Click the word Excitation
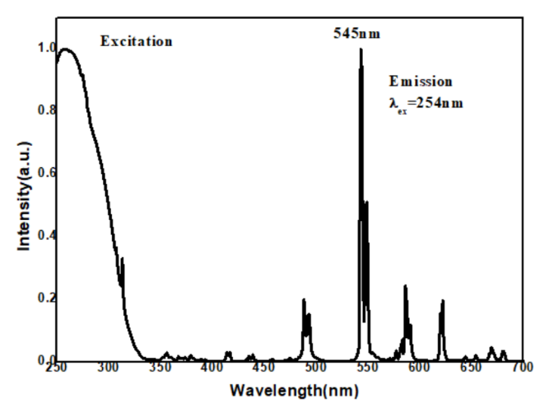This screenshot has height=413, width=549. click(x=137, y=40)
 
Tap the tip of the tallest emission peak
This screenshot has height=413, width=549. click(x=361, y=49)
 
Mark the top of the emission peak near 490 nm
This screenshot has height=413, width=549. click(x=304, y=299)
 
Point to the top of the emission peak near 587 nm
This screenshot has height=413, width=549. click(x=405, y=286)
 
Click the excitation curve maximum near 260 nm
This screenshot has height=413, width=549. click(x=66, y=49)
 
